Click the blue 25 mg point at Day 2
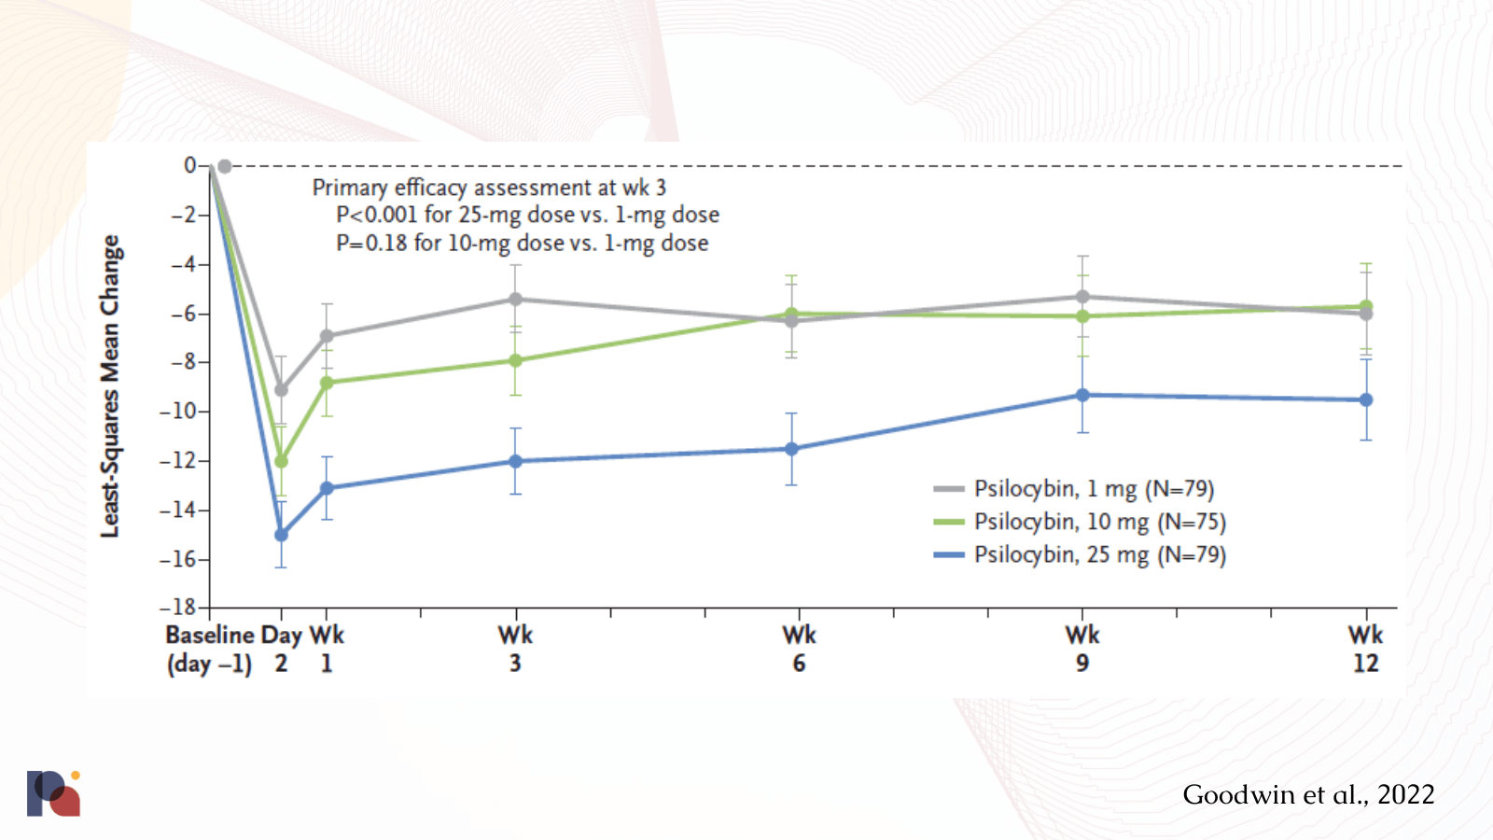(x=281, y=535)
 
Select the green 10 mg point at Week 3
(x=515, y=360)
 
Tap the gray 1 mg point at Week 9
(x=1082, y=297)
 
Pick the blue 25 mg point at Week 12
(x=1366, y=399)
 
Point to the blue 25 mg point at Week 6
(x=791, y=449)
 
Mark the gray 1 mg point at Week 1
(x=327, y=336)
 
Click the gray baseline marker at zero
(x=224, y=166)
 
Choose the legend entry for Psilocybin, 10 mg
(x=1099, y=522)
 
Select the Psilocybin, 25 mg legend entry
(x=1099, y=554)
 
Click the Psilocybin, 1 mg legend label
(x=1094, y=489)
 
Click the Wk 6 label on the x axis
(x=799, y=649)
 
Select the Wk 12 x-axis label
(x=1365, y=649)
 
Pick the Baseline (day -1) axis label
(x=210, y=649)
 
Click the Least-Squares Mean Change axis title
(x=110, y=385)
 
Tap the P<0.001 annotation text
(x=527, y=215)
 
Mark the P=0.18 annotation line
(x=522, y=244)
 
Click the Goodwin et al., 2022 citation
(x=1308, y=794)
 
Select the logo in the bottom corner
(x=53, y=793)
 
